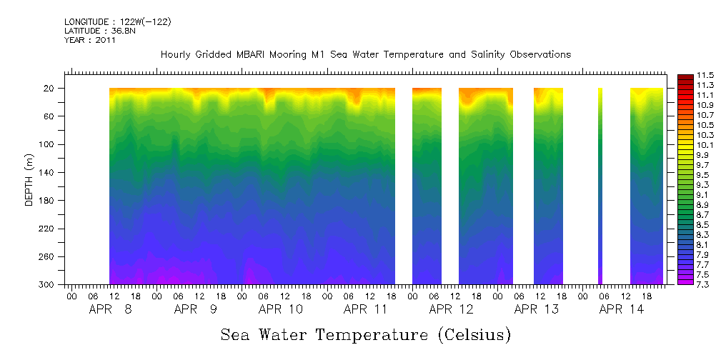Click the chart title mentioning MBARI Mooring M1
365,54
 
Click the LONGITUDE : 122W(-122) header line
117,22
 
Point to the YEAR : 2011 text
89,40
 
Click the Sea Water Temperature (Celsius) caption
366,334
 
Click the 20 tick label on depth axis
49,88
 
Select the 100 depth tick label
47,144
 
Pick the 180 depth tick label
47,201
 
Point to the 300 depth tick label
47,284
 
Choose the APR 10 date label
280,310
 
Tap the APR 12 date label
452,310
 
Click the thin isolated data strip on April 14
600,186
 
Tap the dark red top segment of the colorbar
684,77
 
